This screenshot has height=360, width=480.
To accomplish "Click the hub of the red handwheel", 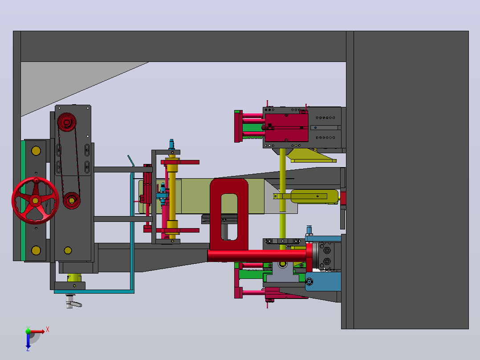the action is click(35, 200).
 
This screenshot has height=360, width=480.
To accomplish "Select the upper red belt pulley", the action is click(66, 122).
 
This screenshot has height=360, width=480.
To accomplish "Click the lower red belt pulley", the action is click(72, 200).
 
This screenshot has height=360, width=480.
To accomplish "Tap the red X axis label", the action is click(48, 330).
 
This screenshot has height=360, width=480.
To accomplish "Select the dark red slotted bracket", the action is click(229, 214).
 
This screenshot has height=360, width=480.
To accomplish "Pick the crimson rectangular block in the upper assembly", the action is click(286, 127).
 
